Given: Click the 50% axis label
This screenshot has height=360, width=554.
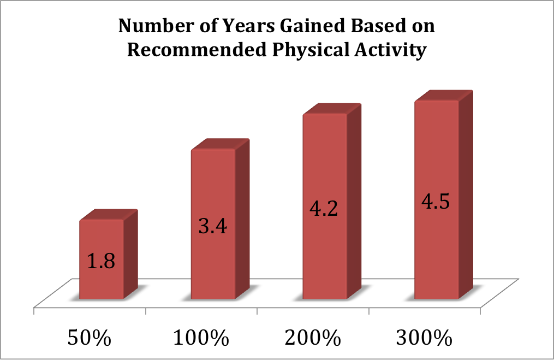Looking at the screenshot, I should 89,338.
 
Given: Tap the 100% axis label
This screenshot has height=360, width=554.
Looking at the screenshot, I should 200,338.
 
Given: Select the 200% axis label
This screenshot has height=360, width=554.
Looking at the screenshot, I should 312,338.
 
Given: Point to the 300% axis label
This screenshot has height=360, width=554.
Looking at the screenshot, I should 424,338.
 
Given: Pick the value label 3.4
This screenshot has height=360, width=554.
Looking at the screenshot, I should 213,225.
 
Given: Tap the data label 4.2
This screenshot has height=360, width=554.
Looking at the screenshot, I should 324,209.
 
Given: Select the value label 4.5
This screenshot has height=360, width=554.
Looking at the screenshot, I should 436,200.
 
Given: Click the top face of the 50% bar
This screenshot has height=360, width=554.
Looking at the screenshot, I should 108,215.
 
